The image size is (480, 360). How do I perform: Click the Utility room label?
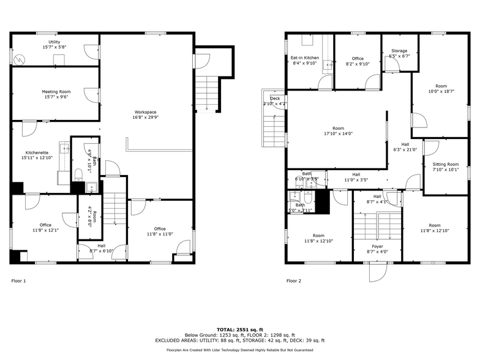54,42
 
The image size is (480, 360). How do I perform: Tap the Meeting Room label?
56,91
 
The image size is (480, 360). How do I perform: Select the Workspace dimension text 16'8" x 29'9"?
146,118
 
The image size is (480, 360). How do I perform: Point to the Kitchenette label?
37,152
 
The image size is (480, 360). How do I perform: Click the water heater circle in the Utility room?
22,59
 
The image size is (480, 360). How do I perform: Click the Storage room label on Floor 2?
399,51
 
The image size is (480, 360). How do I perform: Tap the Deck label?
275,99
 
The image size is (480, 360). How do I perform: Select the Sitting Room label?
445,164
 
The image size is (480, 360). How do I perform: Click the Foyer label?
378,229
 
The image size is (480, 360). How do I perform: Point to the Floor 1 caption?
19,281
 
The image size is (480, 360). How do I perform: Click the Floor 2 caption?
294,281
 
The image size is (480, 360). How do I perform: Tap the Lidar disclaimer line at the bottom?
239,350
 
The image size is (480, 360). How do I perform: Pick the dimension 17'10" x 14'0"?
338,133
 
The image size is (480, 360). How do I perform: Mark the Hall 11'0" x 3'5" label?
356,180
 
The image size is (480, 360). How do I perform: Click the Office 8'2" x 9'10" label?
358,64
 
